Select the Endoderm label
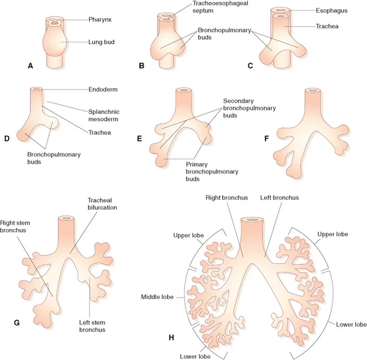tap(104, 89)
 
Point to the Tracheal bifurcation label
tap(102, 204)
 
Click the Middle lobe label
tap(157, 297)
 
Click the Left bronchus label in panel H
tap(279, 198)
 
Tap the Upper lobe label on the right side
tap(333, 234)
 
